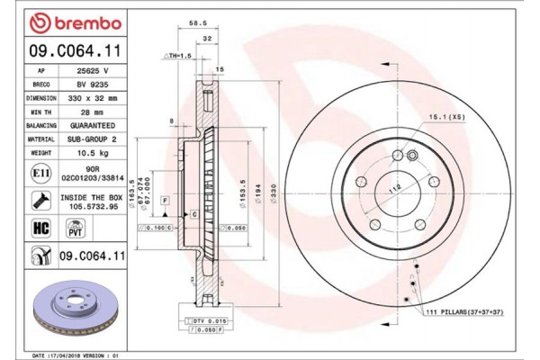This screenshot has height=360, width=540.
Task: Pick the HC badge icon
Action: point(40,228)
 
